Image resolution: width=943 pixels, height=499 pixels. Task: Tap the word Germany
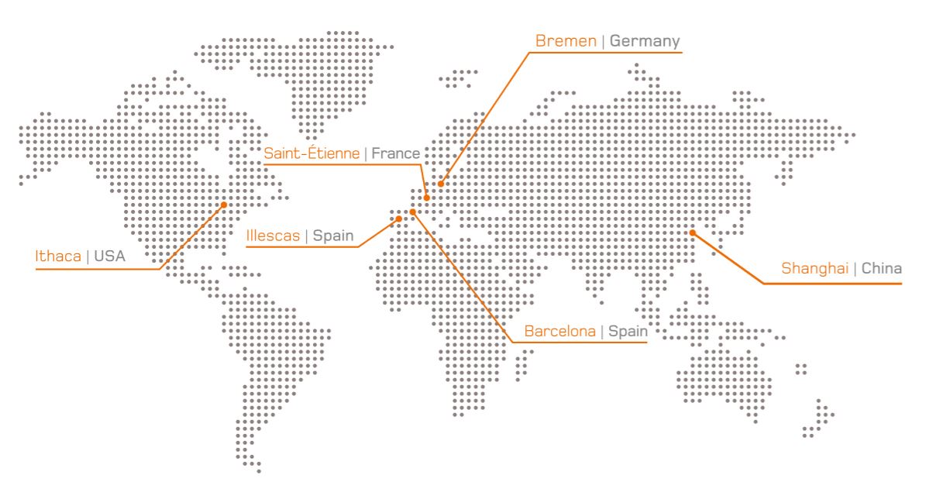645,40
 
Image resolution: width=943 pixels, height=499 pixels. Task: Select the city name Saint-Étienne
311,153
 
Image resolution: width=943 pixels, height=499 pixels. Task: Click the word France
395,153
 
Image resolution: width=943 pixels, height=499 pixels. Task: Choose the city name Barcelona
560,331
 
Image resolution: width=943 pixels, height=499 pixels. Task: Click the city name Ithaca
59,256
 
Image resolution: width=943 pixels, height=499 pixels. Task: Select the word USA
109,256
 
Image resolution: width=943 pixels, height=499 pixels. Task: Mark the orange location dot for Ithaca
224,205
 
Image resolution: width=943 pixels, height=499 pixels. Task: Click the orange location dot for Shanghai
693,232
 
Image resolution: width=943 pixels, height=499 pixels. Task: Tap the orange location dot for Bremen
440,184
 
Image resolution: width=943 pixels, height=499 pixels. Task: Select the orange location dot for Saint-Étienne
426,198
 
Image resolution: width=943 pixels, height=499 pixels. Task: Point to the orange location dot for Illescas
399,219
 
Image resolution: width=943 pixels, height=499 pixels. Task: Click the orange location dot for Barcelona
412,212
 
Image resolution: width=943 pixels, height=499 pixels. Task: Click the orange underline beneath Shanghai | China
833,284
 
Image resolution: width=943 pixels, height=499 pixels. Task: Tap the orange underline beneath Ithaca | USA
97,270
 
